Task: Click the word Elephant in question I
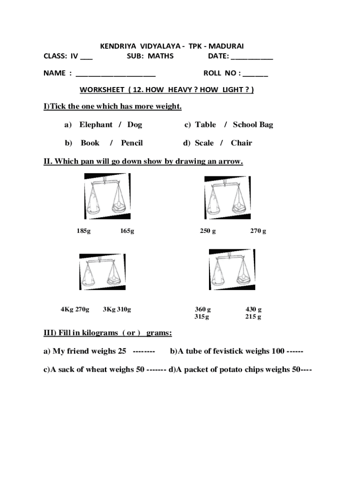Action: point(96,124)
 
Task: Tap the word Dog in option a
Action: point(135,124)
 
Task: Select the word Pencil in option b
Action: point(132,143)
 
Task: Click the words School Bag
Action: point(253,124)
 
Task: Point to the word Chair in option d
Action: point(241,143)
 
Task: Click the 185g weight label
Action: point(84,231)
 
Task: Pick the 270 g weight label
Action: point(258,231)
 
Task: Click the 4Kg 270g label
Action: point(75,309)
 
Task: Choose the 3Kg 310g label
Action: point(117,309)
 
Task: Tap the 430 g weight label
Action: point(253,309)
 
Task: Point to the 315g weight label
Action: point(202,317)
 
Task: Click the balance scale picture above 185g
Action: point(107,196)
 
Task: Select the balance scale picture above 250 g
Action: point(227,198)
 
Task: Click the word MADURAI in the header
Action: point(226,46)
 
